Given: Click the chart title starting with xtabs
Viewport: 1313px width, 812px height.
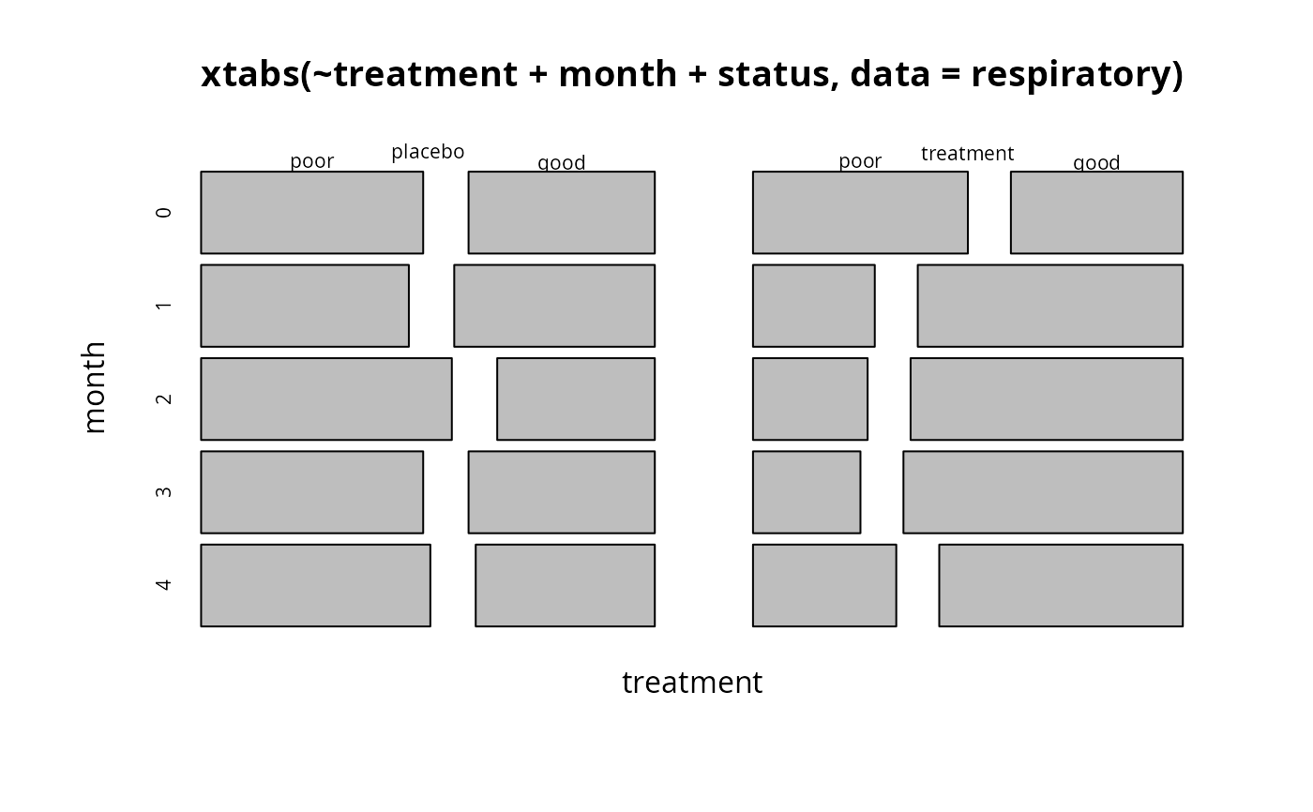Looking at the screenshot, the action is (692, 75).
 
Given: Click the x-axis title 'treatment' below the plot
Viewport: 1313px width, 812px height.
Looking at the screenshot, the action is (692, 683).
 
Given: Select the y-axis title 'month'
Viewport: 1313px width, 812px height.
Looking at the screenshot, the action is (94, 387).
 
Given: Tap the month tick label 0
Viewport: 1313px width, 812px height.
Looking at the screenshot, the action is (163, 212).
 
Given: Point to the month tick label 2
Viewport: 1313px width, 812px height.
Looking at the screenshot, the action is (163, 399).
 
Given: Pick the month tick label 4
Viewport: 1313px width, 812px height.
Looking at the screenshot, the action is (163, 585).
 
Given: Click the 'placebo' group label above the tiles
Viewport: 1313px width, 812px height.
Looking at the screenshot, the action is (428, 152).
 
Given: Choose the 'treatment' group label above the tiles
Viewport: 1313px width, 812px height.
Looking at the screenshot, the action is (967, 154).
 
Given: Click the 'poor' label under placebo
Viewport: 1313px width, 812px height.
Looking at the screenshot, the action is (311, 161).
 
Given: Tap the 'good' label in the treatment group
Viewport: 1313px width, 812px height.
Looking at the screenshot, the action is (1096, 162).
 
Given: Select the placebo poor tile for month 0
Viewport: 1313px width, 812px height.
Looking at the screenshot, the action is (311, 213).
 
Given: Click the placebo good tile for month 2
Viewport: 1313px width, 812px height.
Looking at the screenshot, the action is (576, 399).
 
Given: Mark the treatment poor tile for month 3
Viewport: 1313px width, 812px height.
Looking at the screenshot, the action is (807, 492).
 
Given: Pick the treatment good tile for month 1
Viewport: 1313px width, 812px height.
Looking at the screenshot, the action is (1049, 306).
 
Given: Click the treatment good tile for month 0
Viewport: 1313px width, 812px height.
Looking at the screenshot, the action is (1096, 213).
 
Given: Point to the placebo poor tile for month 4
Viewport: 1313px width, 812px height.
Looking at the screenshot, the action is (315, 585).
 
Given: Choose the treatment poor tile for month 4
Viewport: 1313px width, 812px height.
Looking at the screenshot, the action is (824, 585).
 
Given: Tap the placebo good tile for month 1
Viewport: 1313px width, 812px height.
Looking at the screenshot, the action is (554, 306).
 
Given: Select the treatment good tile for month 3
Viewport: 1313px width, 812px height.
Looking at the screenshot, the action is (1043, 492).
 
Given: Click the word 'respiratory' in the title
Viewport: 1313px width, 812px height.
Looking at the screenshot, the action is (1078, 76).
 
